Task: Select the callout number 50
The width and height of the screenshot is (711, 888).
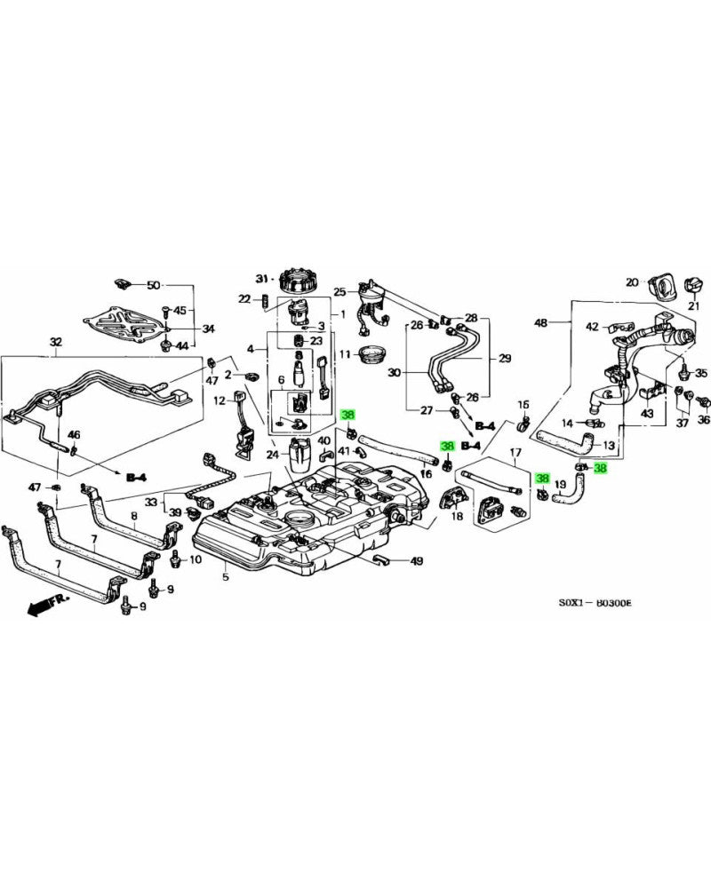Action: [153, 285]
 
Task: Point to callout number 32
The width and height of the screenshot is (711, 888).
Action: [56, 342]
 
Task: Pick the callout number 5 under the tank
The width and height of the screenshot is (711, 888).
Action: [226, 577]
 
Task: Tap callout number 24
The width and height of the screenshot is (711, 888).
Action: [273, 455]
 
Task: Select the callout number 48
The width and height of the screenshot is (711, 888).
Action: [540, 322]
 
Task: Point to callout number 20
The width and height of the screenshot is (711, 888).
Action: [632, 283]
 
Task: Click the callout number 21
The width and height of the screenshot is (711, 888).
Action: [695, 307]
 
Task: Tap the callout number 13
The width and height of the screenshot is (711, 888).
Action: [609, 446]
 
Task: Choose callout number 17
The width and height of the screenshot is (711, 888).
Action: [514, 454]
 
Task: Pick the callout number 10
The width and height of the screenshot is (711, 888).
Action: [196, 560]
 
